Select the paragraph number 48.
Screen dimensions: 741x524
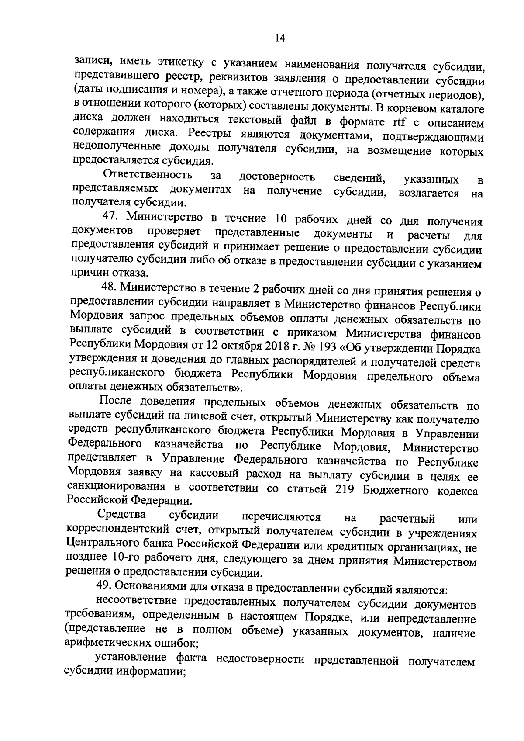[x=108, y=288]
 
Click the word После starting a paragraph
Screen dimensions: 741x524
[x=116, y=401]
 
